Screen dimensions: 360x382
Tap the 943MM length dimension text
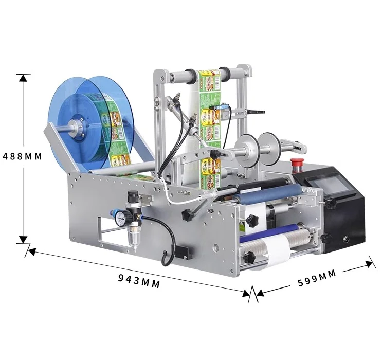click(139, 281)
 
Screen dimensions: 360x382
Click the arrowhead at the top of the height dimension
click(22, 78)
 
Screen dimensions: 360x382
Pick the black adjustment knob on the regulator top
click(134, 196)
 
